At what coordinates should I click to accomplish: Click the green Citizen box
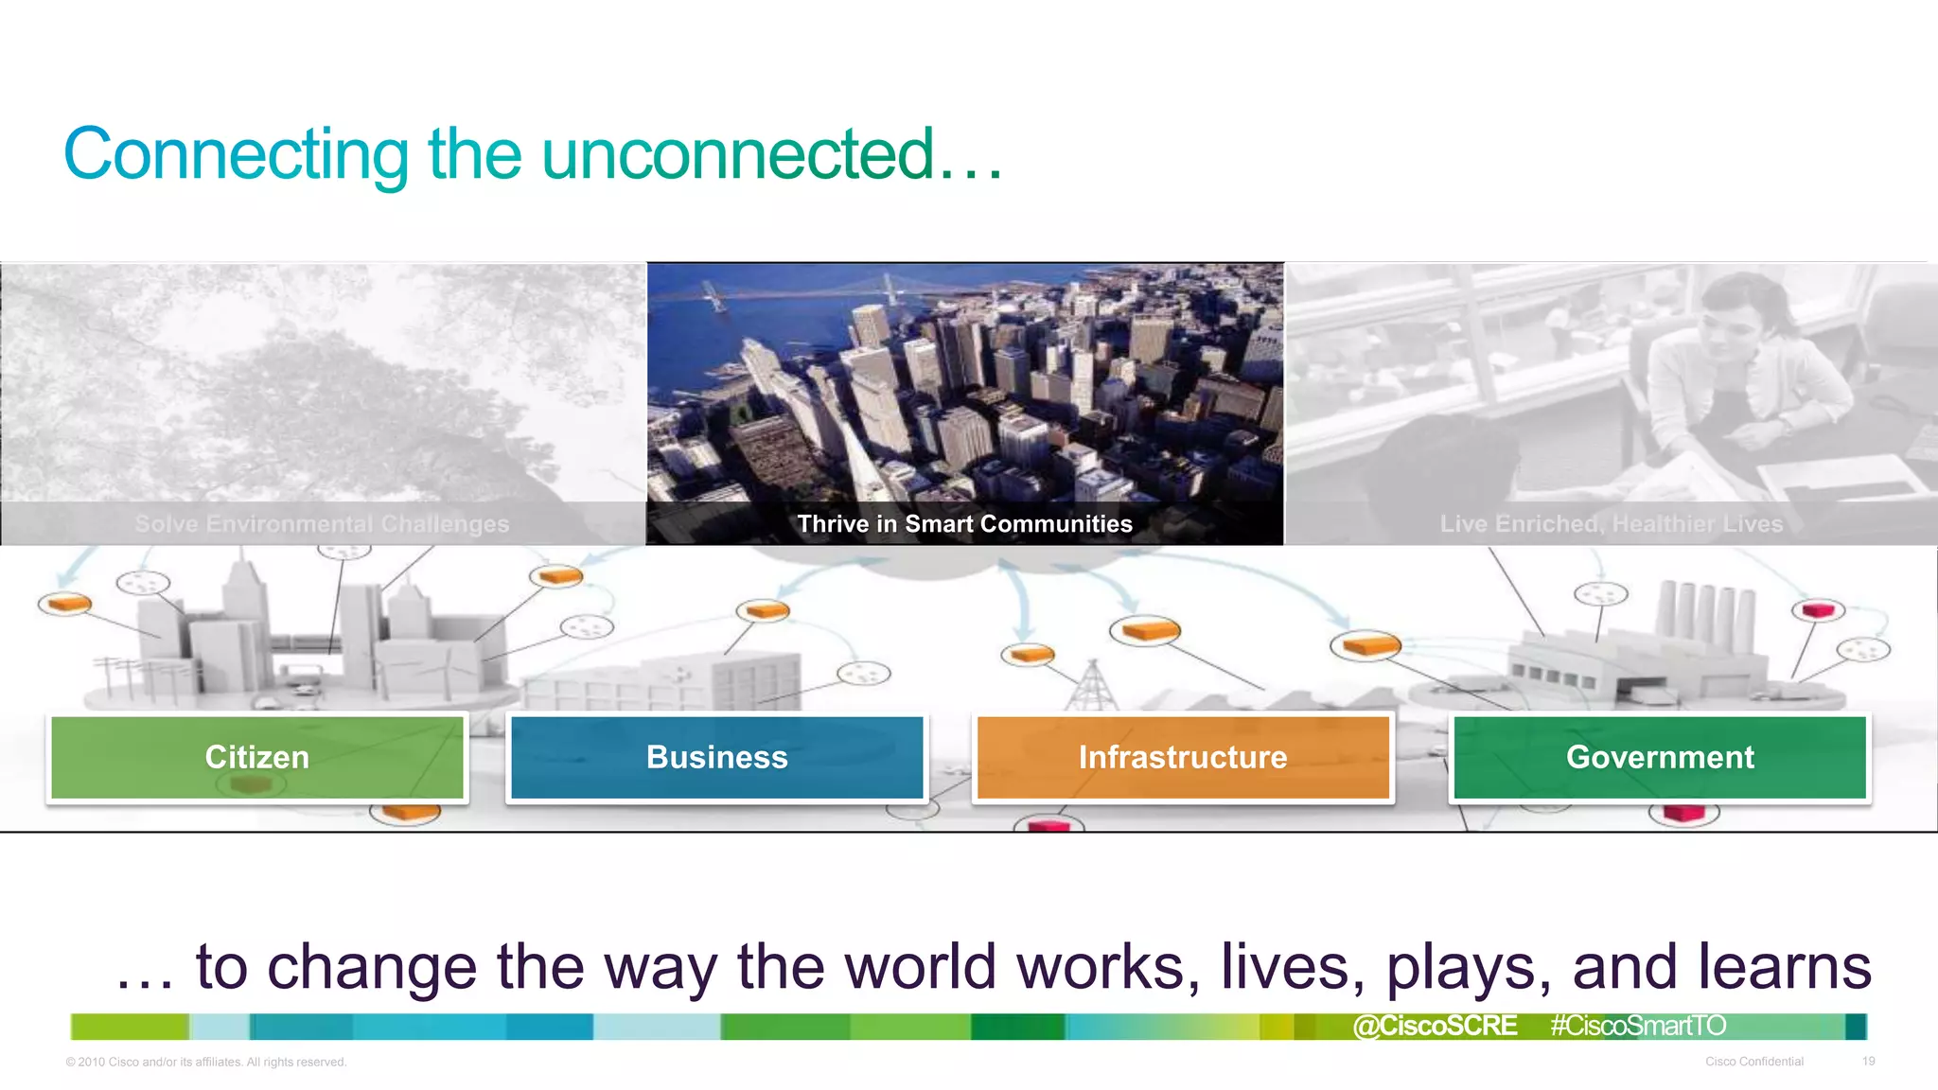[x=257, y=757]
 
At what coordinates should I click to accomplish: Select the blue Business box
[x=716, y=757]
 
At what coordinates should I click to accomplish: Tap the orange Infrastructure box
[x=1183, y=757]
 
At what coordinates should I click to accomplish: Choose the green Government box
[x=1660, y=757]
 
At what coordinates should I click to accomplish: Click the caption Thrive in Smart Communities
[x=964, y=524]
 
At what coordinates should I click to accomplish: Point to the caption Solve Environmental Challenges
[x=322, y=524]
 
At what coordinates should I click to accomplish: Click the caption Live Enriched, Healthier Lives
[x=1611, y=524]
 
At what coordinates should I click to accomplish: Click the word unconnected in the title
[x=738, y=154]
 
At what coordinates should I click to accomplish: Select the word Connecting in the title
[x=236, y=154]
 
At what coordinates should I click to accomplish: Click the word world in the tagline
[x=920, y=967]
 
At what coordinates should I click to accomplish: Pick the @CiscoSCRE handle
[x=1435, y=1026]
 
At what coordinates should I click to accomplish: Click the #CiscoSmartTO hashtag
[x=1638, y=1026]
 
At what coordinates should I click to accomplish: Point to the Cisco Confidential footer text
[x=1753, y=1062]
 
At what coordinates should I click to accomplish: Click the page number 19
[x=1868, y=1062]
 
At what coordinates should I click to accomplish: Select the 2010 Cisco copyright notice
[x=206, y=1062]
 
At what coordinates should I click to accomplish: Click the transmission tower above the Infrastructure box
[x=1092, y=686]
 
